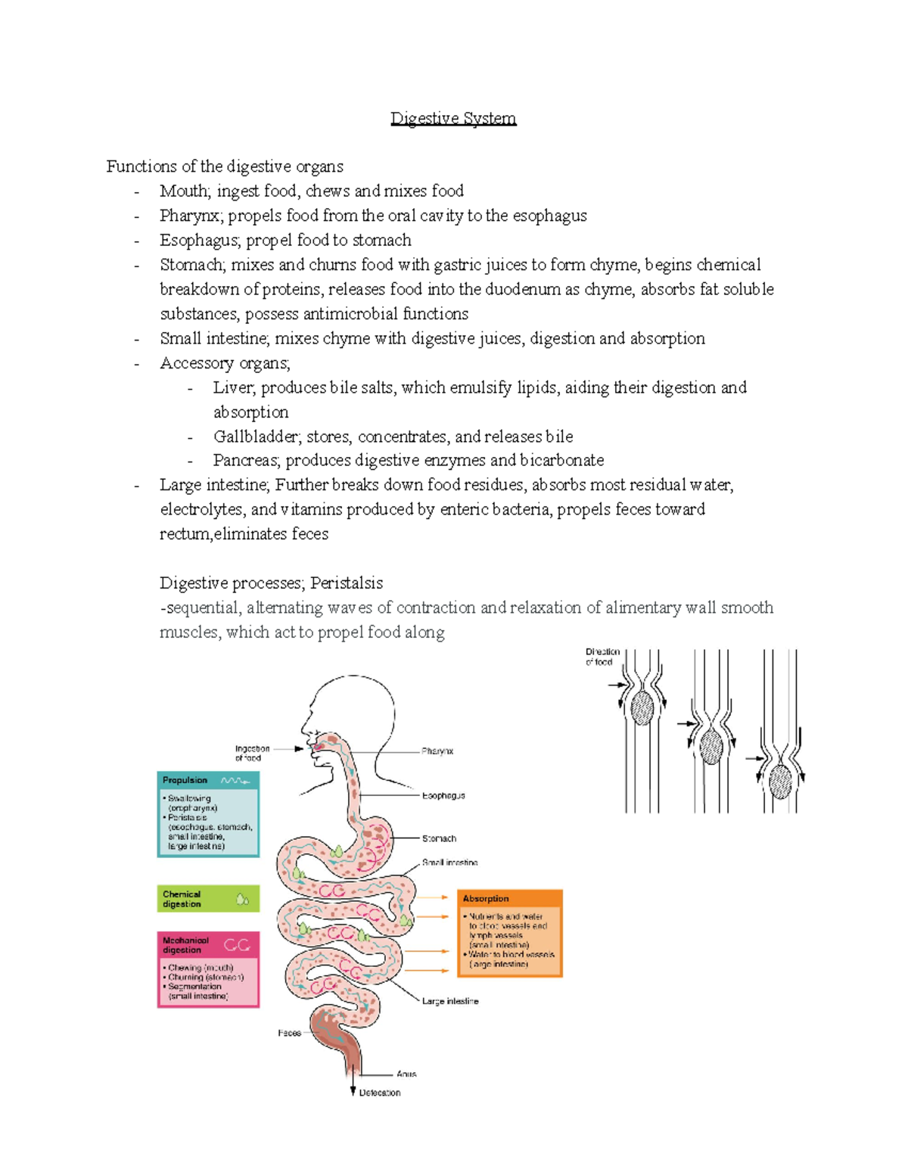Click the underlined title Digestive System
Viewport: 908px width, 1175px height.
pos(453,118)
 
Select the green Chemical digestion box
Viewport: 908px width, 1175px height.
pos(208,899)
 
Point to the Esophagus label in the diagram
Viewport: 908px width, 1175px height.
pos(443,796)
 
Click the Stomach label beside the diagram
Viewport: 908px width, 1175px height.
pos(439,838)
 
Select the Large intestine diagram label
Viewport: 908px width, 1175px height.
pos(450,1001)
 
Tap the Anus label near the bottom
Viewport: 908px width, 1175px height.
pos(406,1074)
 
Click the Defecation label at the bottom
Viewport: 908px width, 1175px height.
pos(380,1093)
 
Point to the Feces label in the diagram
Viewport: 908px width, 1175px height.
pos(289,1033)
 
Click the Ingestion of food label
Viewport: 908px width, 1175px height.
pos(252,753)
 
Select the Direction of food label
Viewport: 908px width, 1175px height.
pos(602,657)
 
